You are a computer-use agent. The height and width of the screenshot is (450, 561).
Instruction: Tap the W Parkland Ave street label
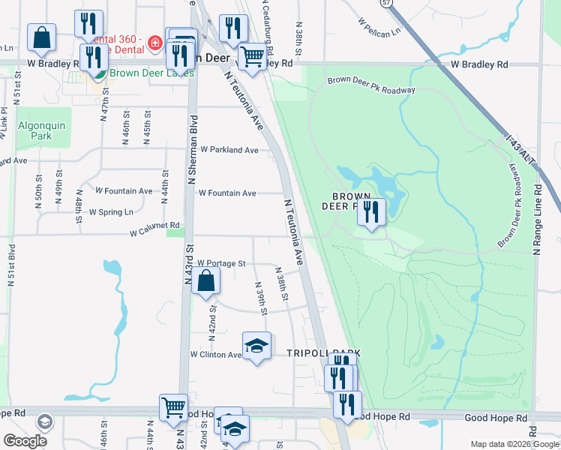pyautogui.click(x=229, y=150)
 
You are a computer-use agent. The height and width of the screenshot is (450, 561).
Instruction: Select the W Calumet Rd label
pyautogui.click(x=155, y=225)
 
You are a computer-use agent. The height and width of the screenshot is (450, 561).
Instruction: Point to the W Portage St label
pyautogui.click(x=222, y=263)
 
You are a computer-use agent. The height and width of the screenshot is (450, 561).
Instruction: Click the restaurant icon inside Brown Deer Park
pyautogui.click(x=370, y=211)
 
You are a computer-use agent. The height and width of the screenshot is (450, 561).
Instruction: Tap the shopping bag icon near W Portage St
pyautogui.click(x=205, y=281)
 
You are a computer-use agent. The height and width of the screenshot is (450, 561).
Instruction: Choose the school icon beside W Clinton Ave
pyautogui.click(x=256, y=346)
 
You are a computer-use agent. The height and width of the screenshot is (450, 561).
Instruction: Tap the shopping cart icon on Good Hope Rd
pyautogui.click(x=173, y=407)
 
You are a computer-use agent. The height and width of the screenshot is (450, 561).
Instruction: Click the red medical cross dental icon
pyautogui.click(x=155, y=43)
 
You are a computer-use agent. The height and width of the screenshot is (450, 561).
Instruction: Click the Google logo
pyautogui.click(x=25, y=441)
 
